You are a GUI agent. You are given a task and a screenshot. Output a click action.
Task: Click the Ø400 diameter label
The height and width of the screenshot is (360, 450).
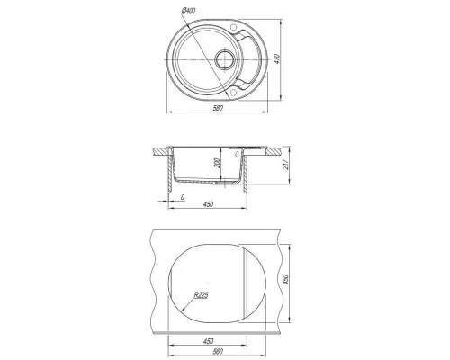(189, 11)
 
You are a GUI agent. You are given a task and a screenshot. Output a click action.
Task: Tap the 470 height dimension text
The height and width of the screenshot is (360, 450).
(277, 58)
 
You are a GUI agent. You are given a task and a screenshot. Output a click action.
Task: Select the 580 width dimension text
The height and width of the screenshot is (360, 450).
(218, 108)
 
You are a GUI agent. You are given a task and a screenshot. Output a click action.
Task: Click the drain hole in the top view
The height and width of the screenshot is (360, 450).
(224, 59)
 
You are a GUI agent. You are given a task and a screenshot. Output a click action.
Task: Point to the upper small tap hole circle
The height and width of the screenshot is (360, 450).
(233, 28)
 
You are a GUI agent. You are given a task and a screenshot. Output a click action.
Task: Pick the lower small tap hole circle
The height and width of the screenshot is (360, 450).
(234, 92)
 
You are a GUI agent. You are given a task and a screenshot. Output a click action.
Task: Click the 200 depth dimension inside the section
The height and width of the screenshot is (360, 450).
(218, 163)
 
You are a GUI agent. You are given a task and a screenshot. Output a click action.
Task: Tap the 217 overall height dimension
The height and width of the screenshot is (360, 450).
(286, 165)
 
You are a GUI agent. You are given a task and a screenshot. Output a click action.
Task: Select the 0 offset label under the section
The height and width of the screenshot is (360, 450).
(183, 197)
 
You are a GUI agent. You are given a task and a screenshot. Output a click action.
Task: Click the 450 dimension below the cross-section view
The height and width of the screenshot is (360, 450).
(208, 204)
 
